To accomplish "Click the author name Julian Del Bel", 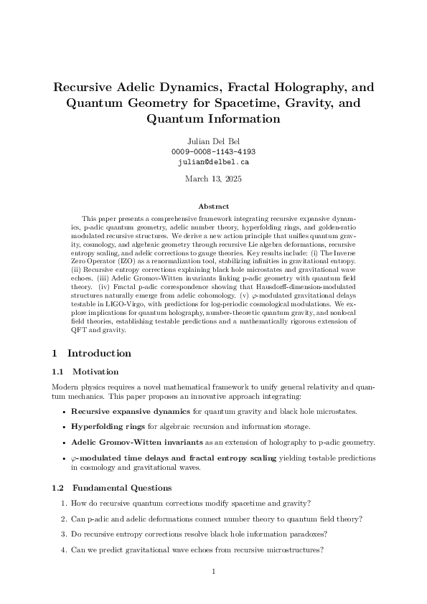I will click(x=213, y=141).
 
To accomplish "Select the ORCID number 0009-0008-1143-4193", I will click(x=213, y=152).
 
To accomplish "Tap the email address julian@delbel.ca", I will click(x=213, y=163).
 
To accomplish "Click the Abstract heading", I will click(x=213, y=207).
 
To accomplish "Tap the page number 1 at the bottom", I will click(x=214, y=572).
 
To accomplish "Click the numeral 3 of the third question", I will click(x=64, y=534).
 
